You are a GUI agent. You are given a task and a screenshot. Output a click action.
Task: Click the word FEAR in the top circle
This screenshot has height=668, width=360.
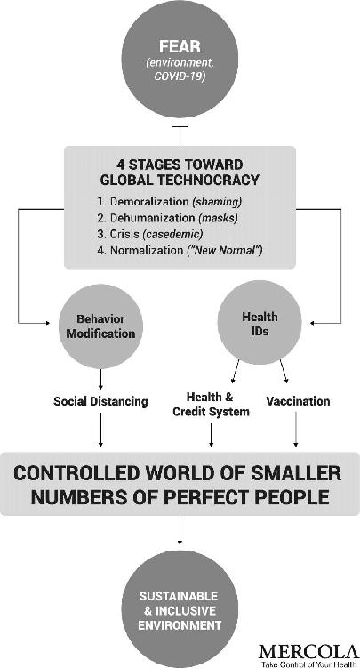180,46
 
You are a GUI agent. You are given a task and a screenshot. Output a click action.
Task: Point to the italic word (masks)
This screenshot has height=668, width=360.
218,218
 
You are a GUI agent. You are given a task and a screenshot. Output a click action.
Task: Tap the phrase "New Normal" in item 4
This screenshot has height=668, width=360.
224,250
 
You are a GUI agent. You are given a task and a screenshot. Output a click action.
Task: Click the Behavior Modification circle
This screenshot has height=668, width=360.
100,326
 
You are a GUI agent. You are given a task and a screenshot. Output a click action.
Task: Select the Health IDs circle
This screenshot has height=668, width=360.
260,322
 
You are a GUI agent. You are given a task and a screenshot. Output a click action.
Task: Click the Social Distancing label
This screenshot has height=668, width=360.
100,401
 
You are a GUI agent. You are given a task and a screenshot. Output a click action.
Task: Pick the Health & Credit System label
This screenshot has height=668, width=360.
211,405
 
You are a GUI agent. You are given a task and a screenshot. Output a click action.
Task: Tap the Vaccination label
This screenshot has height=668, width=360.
298,401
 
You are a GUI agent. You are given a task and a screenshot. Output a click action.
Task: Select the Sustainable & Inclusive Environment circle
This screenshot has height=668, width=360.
180,610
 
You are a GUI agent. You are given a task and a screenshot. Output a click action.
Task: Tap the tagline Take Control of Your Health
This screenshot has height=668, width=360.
309,664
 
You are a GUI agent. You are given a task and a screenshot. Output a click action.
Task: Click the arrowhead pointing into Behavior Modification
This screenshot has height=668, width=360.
46,324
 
